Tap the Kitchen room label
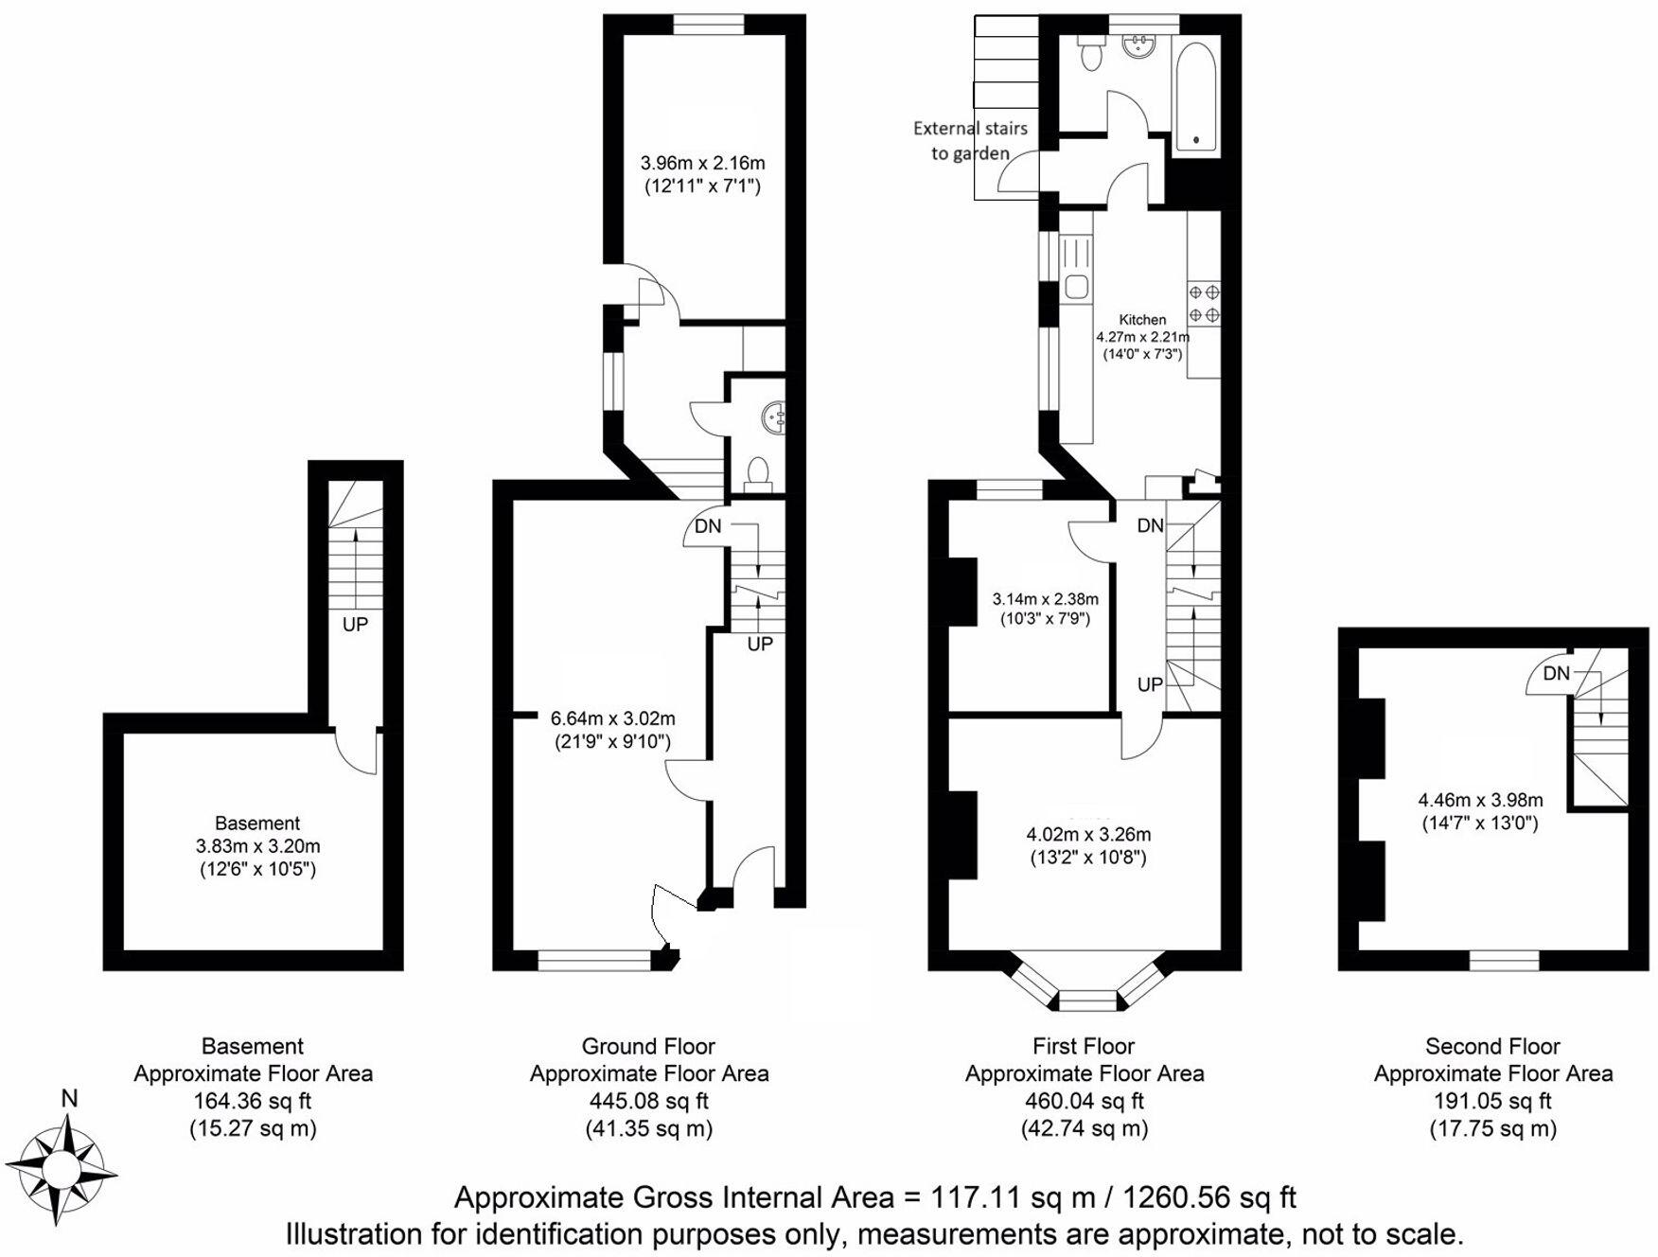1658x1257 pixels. click(x=1142, y=320)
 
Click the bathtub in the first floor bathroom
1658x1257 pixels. click(x=1195, y=97)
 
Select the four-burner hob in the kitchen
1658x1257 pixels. click(x=1204, y=303)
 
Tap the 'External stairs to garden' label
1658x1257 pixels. click(x=970, y=140)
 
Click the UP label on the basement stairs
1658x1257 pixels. click(x=355, y=624)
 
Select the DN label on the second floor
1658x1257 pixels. click(x=1556, y=673)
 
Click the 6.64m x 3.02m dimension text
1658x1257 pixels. click(x=612, y=718)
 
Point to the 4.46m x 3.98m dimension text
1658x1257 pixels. click(x=1480, y=800)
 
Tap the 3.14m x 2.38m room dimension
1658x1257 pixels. click(x=1045, y=599)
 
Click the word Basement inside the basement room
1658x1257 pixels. click(x=257, y=823)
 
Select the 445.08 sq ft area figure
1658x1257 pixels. click(x=648, y=1101)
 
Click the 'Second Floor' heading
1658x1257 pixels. click(x=1492, y=1046)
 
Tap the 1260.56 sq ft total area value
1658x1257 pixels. click(x=1208, y=1197)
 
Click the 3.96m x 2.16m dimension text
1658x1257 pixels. click(x=702, y=163)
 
